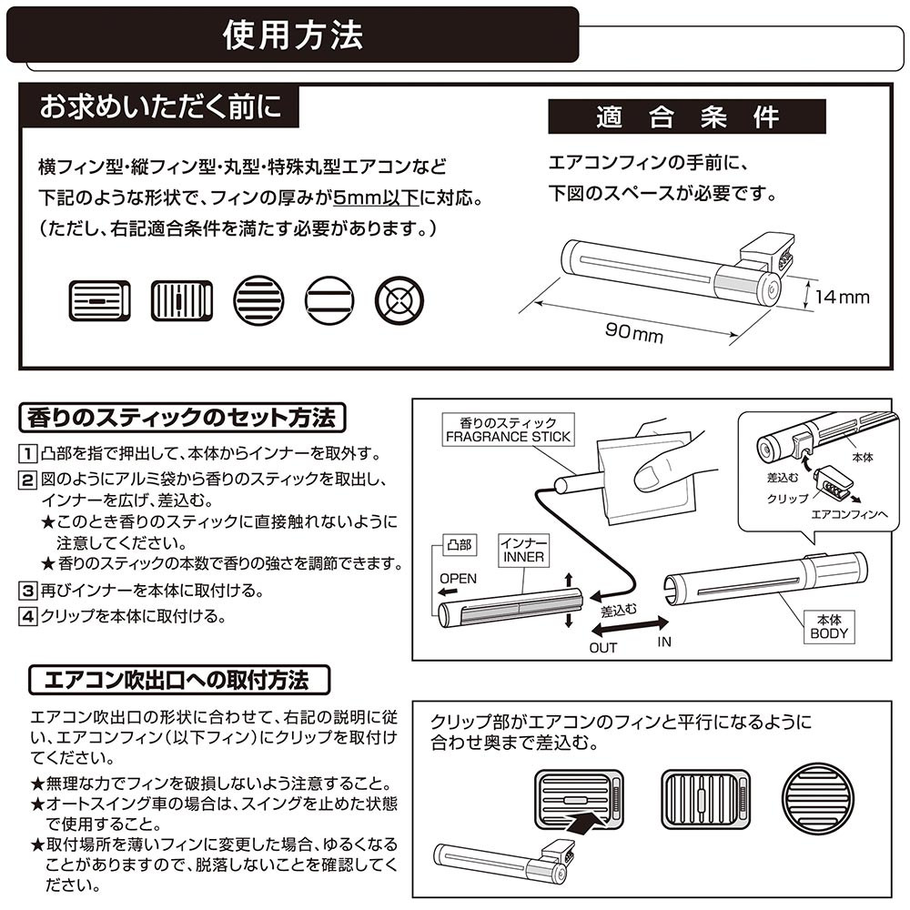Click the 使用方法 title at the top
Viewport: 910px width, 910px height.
(293, 35)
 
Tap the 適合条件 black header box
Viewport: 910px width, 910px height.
(686, 117)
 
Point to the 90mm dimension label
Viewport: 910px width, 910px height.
(634, 334)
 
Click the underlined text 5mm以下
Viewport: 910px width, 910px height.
(375, 198)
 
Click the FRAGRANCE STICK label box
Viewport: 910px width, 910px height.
(508, 430)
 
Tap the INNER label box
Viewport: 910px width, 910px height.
(522, 551)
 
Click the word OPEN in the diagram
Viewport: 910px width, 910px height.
(458, 579)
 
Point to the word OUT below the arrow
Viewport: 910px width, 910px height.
(602, 648)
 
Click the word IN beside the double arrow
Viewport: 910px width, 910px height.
(664, 642)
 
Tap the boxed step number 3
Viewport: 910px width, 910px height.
(28, 591)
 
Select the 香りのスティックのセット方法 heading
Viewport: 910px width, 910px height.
(182, 419)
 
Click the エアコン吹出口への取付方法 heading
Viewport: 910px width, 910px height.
(176, 680)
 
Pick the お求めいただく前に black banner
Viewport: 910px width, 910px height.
(160, 106)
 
